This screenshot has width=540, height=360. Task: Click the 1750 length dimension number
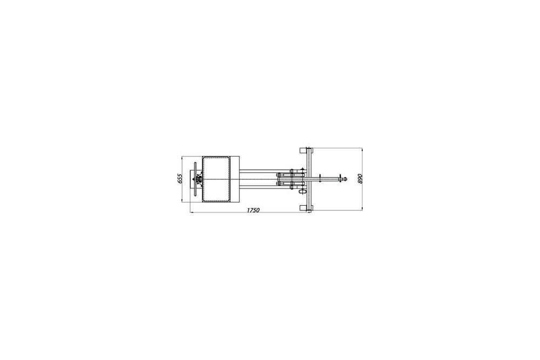point(252,209)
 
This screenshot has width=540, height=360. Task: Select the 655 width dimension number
point(180,179)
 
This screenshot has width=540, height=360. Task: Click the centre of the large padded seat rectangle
point(217,179)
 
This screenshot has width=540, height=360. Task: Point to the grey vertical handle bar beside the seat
point(195,179)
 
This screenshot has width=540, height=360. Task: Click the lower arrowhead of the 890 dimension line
point(362,209)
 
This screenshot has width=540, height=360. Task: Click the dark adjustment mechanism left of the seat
point(199,178)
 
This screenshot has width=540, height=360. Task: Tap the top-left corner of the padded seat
point(204,157)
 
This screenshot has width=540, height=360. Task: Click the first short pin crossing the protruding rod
point(321,178)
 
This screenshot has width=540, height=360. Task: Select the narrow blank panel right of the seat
point(235,179)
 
